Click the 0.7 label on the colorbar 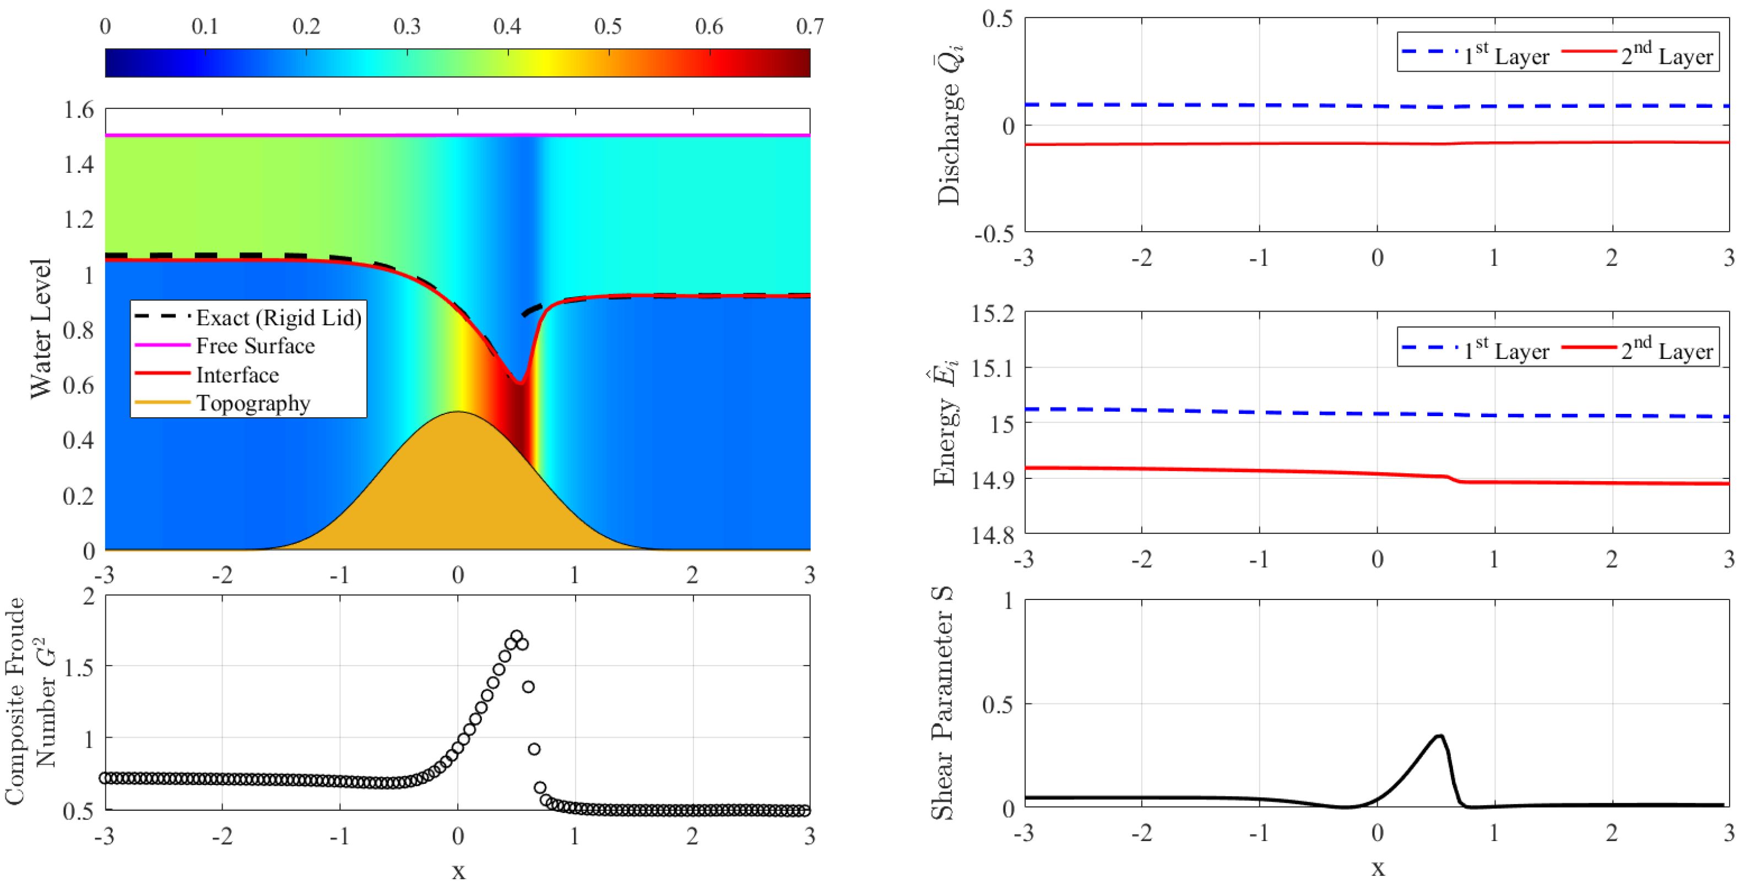point(810,26)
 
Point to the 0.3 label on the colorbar point(407,26)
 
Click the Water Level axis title point(41,329)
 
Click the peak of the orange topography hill point(458,412)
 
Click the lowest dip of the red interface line point(519,383)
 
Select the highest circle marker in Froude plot point(516,636)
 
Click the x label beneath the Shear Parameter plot point(1378,869)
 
